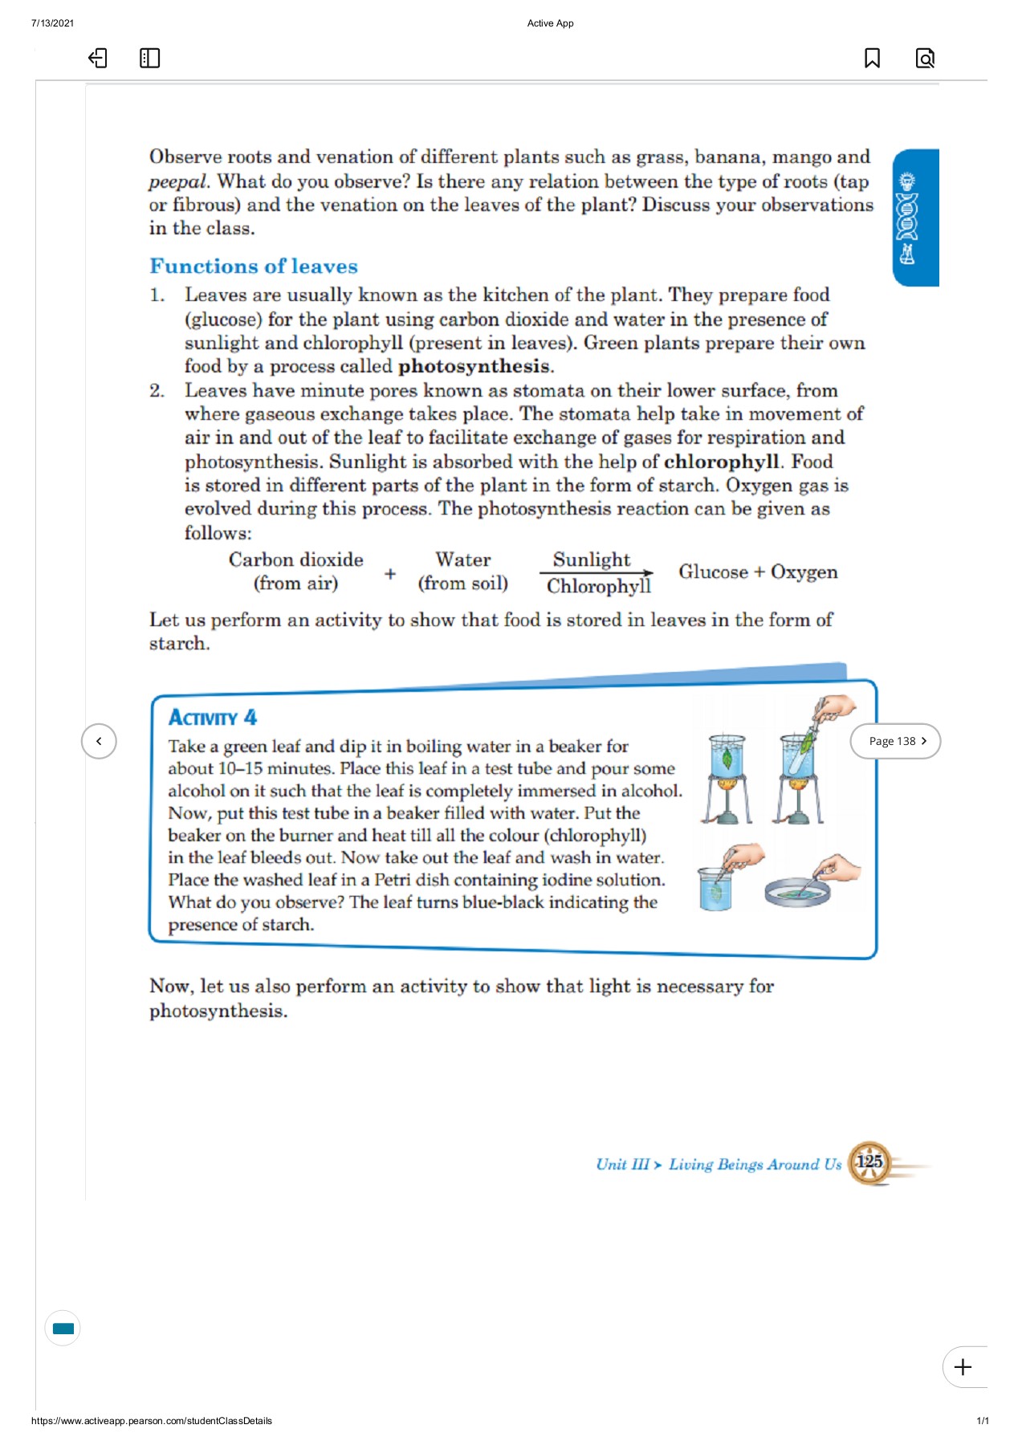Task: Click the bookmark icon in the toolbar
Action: [x=872, y=58]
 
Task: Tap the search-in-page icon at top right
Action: [x=925, y=58]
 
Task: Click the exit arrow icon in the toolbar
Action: [x=97, y=58]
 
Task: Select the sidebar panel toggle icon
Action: [x=149, y=58]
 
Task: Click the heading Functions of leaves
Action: [x=254, y=266]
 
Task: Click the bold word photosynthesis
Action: [x=474, y=367]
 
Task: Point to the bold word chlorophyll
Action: [x=720, y=462]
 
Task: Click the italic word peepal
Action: [x=177, y=181]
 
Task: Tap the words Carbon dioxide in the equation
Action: [x=295, y=560]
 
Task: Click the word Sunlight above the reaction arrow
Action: [x=592, y=560]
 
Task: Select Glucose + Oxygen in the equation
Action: [x=757, y=572]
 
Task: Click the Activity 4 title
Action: [x=212, y=717]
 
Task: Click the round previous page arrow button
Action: [x=99, y=741]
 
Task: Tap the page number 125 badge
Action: [x=869, y=1162]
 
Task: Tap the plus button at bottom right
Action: [x=963, y=1367]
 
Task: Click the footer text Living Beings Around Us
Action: [x=755, y=1164]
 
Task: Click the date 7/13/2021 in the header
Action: [x=52, y=23]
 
